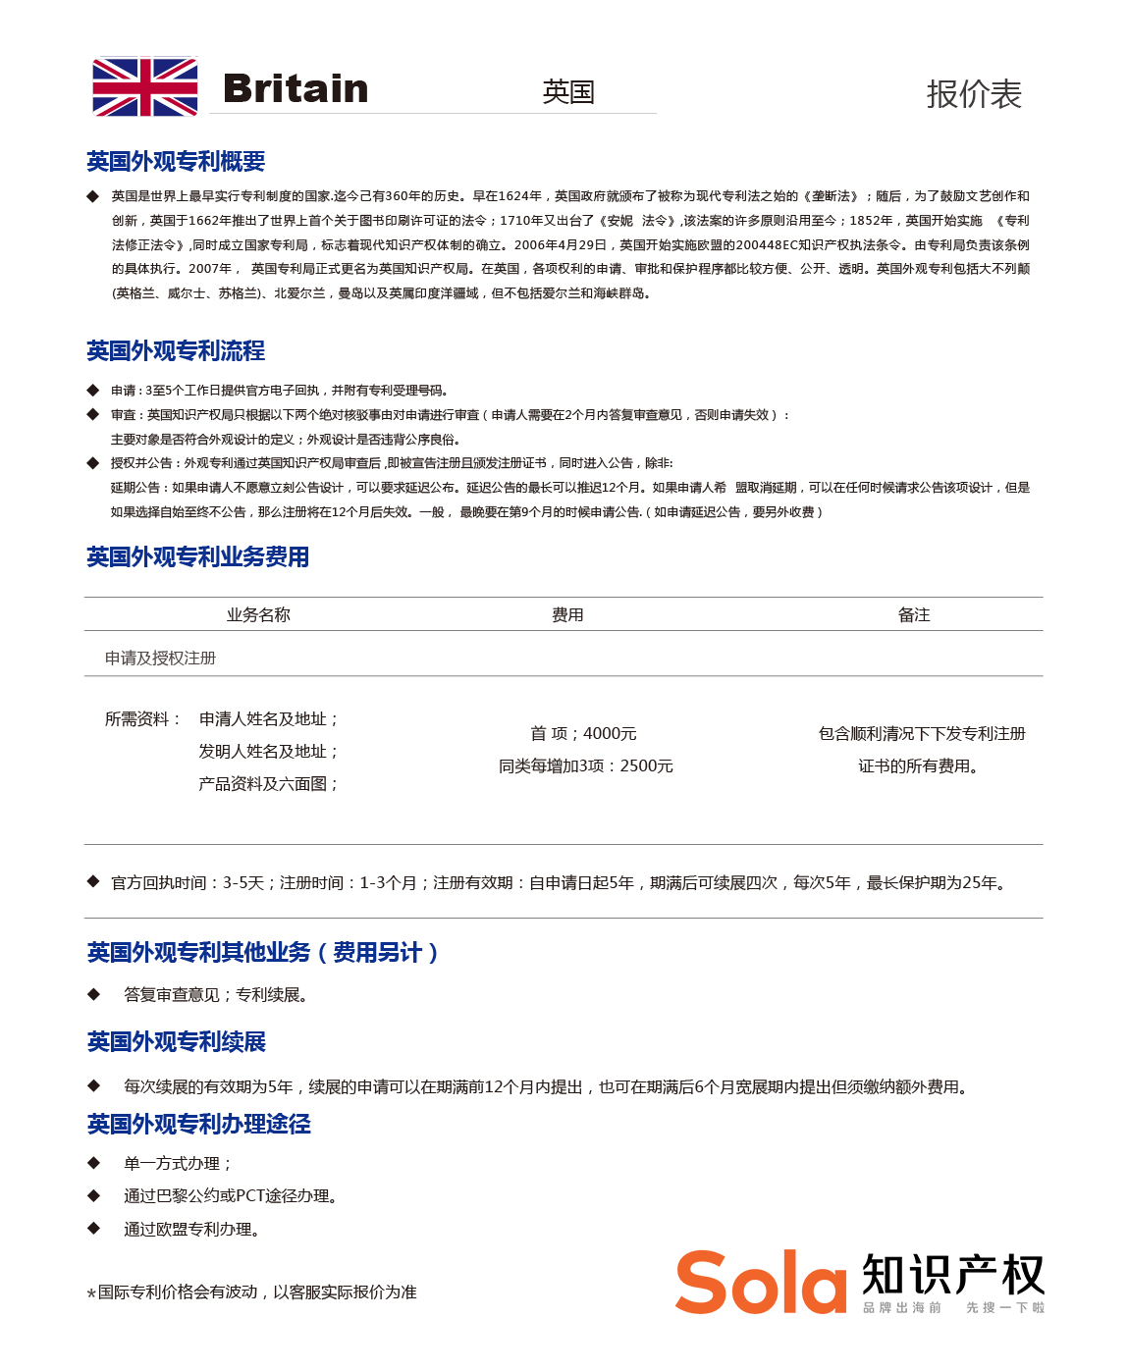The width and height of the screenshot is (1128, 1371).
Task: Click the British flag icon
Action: [145, 87]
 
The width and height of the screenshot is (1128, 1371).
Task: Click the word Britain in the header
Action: [295, 88]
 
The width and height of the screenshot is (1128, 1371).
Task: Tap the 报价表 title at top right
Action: [974, 94]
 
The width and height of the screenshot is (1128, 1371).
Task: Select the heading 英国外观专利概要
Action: [176, 162]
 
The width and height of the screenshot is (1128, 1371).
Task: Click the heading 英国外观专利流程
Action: [176, 351]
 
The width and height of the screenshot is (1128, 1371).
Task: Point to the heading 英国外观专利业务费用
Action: [197, 557]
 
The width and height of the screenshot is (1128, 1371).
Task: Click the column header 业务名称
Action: [258, 615]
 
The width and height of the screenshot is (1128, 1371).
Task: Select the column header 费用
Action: [567, 615]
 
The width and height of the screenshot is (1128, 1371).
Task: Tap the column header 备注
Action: [913, 615]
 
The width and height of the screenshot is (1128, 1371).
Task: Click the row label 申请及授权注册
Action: [160, 659]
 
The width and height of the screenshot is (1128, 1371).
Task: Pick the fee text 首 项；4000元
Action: [583, 734]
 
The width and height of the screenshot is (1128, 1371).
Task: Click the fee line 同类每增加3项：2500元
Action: [586, 766]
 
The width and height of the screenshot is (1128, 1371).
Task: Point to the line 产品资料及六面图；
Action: [269, 784]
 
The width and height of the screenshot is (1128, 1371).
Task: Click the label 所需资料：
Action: [143, 719]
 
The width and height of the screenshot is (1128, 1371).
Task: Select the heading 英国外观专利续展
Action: [177, 1042]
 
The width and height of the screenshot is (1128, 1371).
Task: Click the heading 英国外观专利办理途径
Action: [198, 1125]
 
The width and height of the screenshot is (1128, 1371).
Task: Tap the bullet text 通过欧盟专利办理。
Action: [191, 1230]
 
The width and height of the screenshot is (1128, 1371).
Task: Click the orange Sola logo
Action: [761, 1282]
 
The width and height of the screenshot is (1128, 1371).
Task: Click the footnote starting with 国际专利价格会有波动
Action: [256, 1292]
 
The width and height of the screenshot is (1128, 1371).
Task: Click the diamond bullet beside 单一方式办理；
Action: [94, 1163]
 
